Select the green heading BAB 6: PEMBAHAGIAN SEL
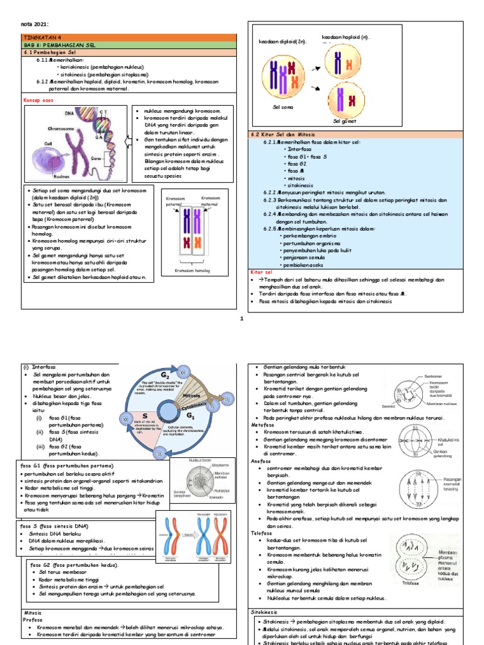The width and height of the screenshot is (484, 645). pyautogui.click(x=57, y=45)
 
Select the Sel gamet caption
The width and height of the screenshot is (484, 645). pyautogui.click(x=345, y=120)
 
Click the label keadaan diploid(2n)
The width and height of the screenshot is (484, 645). pyautogui.click(x=282, y=41)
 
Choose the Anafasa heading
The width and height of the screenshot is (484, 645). pyautogui.click(x=261, y=460)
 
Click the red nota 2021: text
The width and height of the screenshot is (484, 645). pyautogui.click(x=35, y=23)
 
